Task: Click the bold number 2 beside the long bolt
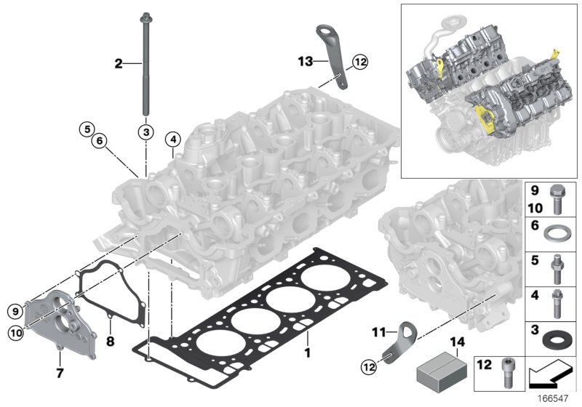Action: (x=119, y=64)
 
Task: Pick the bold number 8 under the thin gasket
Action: (x=111, y=339)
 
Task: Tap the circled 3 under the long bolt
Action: (x=145, y=132)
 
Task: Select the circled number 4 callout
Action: (x=172, y=139)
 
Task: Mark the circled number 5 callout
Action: (x=87, y=132)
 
